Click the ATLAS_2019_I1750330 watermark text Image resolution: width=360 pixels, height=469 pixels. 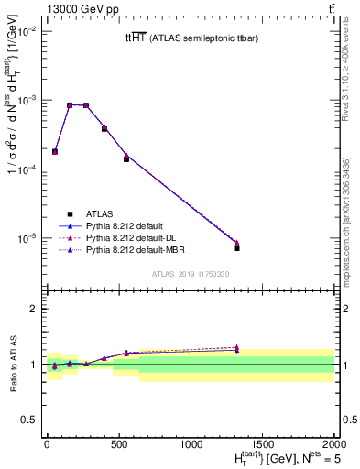[x=191, y=274]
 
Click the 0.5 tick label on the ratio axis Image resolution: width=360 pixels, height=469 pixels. [x=28, y=420]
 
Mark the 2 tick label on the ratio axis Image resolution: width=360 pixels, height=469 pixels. [x=33, y=309]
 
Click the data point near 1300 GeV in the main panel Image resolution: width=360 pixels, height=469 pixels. [x=236, y=247]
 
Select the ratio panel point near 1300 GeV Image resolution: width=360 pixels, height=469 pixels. [x=236, y=349]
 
